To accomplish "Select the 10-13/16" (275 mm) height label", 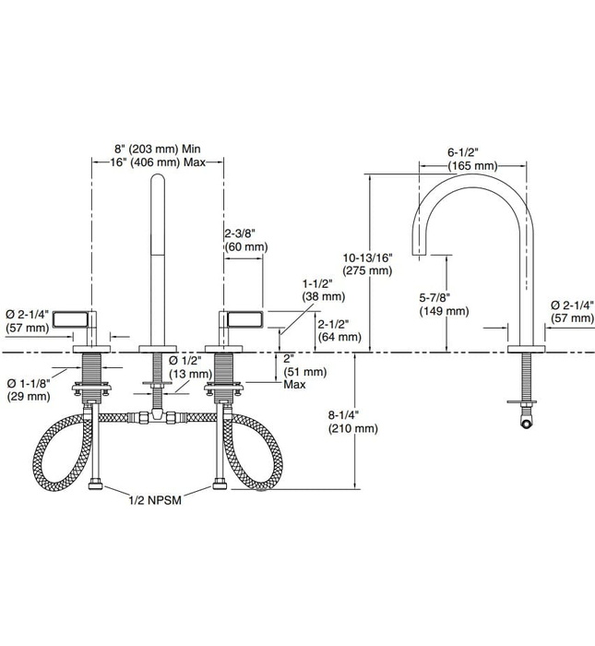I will tap(367, 264).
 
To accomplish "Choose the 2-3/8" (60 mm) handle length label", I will tap(245, 240).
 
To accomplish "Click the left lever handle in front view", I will tap(75, 320).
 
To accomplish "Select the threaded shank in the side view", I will tap(526, 378).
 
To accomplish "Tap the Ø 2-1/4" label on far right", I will tap(572, 311).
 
